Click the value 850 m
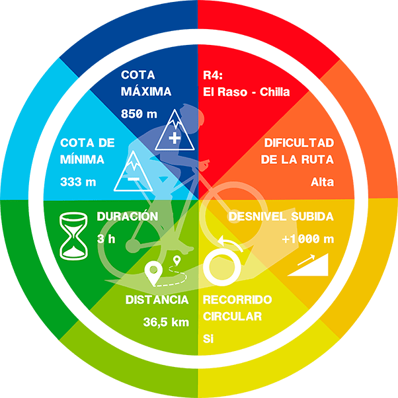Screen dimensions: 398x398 pyautogui.click(x=139, y=114)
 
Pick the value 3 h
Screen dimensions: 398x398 pyautogui.click(x=106, y=239)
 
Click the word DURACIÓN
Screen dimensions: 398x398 pyautogui.click(x=127, y=216)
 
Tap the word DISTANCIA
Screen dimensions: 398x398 pyautogui.click(x=157, y=300)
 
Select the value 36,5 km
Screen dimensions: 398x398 pyautogui.click(x=166, y=323)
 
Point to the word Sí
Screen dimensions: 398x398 pyautogui.click(x=208, y=339)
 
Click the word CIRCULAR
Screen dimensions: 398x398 pyautogui.click(x=232, y=317)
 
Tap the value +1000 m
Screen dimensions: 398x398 pyautogui.click(x=307, y=239)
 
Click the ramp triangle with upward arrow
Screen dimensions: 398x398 pyautogui.click(x=309, y=266)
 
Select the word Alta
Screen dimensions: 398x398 pyautogui.click(x=322, y=182)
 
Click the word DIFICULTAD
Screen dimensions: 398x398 pyautogui.click(x=299, y=143)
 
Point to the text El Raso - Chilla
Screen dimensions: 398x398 pyautogui.click(x=246, y=92)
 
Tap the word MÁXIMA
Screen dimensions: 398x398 pyautogui.click(x=146, y=91)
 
